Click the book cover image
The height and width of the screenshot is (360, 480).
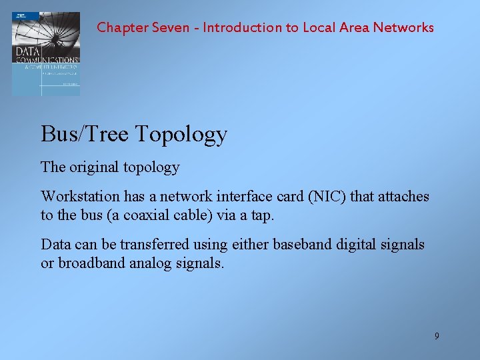coord(46,53)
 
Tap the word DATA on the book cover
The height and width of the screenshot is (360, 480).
coord(28,51)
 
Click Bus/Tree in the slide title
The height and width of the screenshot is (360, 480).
coord(85,135)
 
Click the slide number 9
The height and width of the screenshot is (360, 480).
coord(437,336)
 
